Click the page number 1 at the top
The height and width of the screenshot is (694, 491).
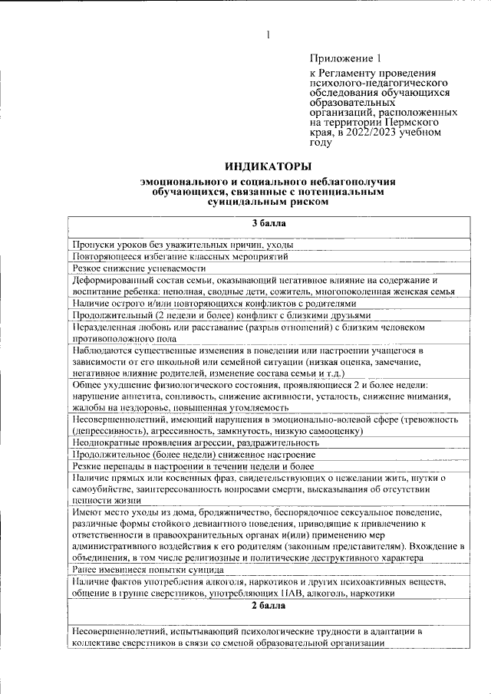pos(269,35)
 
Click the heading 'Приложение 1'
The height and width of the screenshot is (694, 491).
pos(344,58)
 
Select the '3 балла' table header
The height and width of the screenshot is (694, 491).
pos(268,223)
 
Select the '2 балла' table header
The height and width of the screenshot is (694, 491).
pos(268,607)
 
